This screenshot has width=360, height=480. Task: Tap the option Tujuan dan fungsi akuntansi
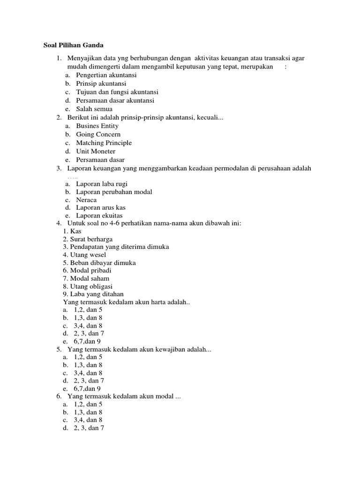click(x=117, y=92)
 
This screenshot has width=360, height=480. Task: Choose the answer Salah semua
click(x=94, y=109)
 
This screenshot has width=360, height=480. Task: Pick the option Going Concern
click(x=98, y=135)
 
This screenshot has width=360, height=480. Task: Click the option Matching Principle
click(x=104, y=143)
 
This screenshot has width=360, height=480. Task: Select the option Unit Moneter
click(x=96, y=151)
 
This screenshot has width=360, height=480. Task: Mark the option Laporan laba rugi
click(x=102, y=184)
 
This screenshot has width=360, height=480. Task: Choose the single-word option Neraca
click(x=87, y=200)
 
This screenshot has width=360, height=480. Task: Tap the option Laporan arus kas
click(x=101, y=208)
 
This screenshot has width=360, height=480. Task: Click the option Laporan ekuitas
click(x=99, y=216)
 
